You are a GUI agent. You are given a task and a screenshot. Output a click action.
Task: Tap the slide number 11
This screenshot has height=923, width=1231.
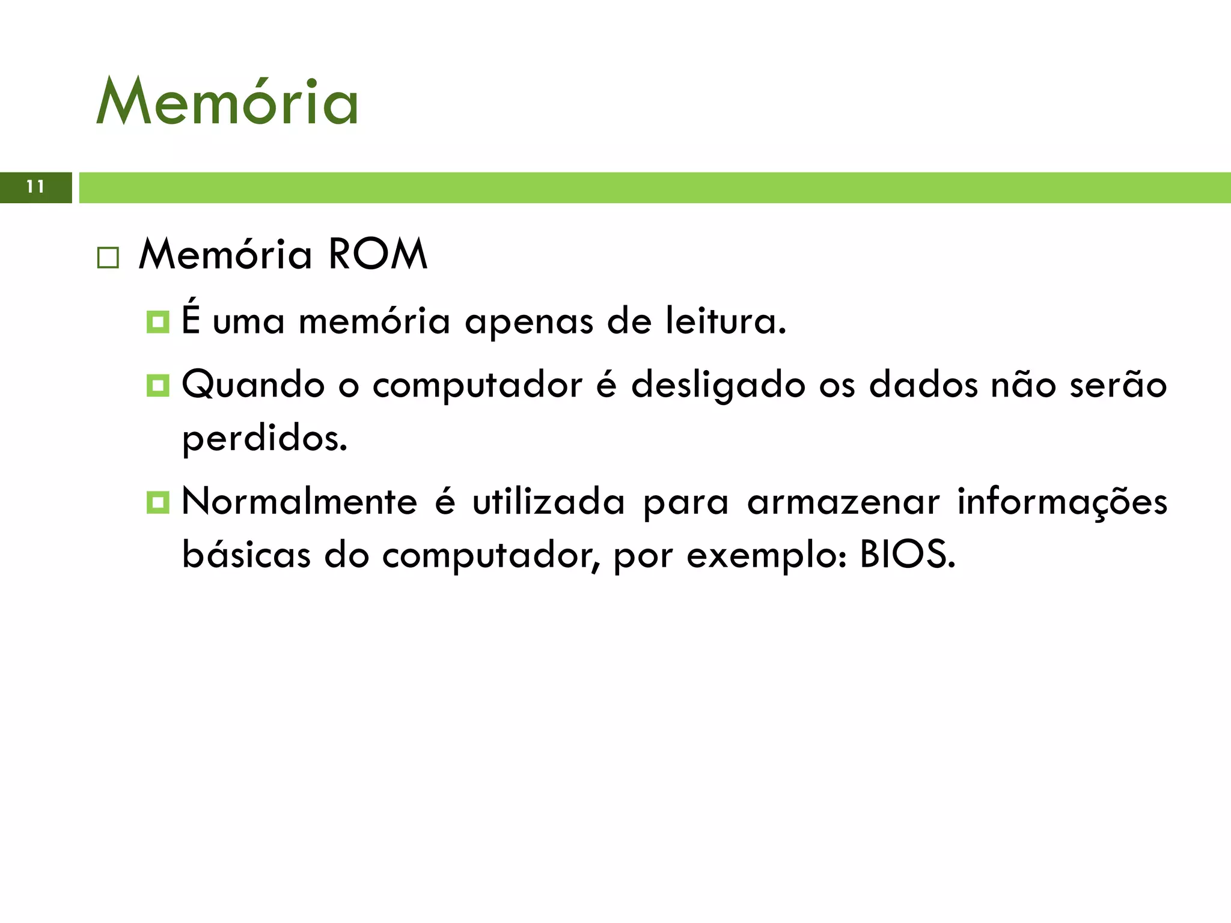35,187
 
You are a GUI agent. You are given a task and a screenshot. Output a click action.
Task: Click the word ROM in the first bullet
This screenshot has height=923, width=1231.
378,255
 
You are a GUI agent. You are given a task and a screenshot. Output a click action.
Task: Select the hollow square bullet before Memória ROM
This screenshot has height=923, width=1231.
108,258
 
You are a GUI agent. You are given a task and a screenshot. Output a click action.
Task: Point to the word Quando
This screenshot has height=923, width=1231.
253,385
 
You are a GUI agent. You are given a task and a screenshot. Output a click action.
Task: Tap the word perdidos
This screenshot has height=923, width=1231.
264,439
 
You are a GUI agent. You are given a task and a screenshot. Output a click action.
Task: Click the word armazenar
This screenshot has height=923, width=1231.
843,502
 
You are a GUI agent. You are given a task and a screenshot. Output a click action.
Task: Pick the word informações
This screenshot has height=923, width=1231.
1062,502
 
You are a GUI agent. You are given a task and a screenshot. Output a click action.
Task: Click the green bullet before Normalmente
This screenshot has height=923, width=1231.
157,502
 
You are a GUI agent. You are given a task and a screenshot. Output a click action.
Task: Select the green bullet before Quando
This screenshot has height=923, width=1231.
157,385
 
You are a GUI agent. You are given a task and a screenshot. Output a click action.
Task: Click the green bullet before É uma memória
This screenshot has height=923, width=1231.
157,321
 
